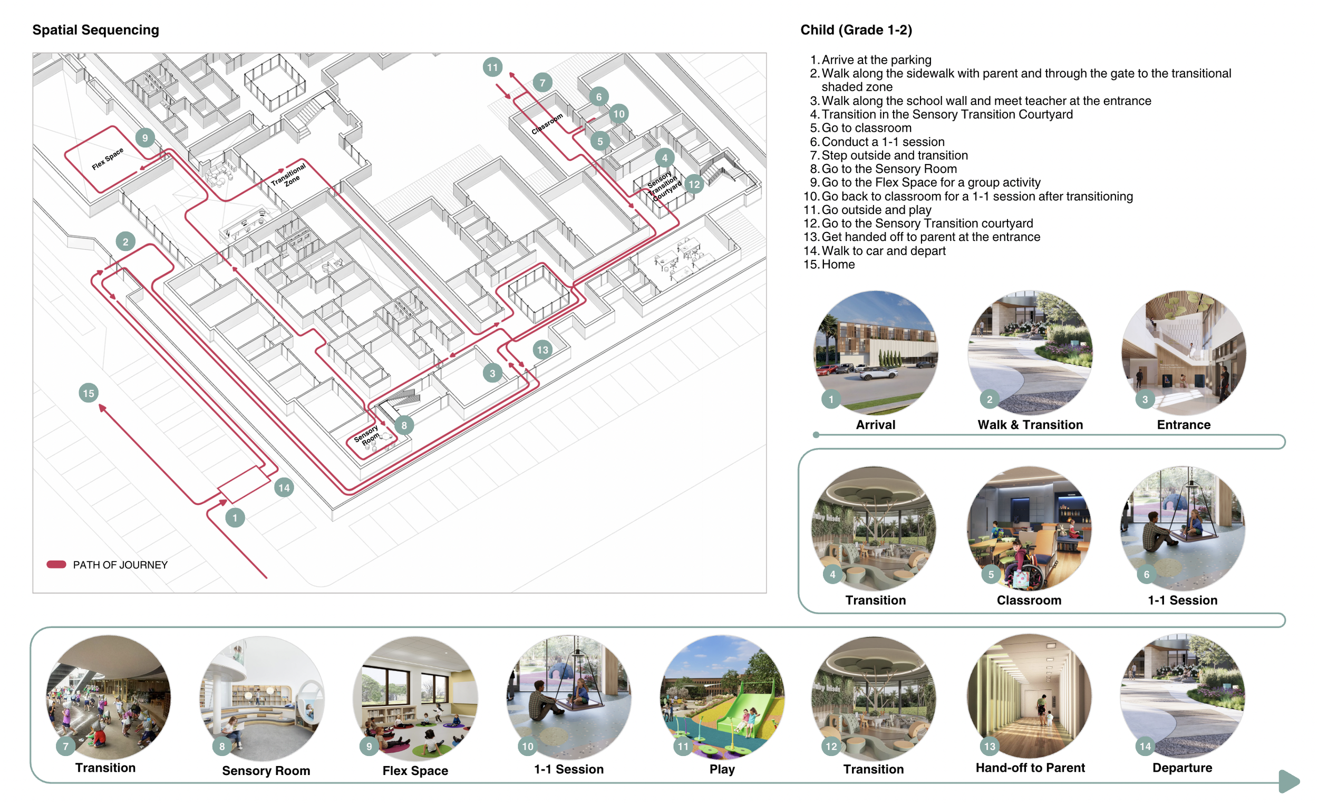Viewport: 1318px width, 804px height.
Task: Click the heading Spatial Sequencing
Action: (96, 30)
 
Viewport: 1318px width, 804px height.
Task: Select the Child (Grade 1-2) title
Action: (856, 30)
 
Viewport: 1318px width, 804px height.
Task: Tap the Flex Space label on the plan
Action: (108, 158)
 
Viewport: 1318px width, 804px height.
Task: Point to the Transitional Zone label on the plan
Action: (289, 176)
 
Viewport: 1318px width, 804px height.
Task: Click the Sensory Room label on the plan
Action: (367, 435)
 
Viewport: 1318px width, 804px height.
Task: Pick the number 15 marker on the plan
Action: (89, 394)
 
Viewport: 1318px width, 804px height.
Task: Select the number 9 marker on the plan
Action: (145, 138)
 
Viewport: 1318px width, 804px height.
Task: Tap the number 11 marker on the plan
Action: (492, 67)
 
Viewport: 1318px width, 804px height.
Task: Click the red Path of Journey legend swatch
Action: (56, 565)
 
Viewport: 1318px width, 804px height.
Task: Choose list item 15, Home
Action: (829, 265)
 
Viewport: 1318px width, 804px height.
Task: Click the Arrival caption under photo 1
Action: (876, 425)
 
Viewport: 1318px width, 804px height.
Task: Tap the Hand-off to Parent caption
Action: (1030, 768)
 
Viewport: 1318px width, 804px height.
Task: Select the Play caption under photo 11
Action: (722, 770)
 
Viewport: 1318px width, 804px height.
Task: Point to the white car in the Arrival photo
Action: (878, 375)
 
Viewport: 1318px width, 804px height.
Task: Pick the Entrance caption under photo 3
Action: (1184, 425)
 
